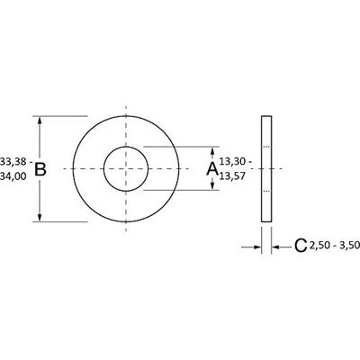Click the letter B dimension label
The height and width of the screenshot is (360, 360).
40,168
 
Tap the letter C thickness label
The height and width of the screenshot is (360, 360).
301,246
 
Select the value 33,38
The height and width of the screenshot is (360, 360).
13,160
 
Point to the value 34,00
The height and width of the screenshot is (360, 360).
13,177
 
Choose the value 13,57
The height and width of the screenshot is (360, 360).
234,177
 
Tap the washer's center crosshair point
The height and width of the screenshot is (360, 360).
126,168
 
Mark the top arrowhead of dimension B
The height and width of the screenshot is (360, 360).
40,121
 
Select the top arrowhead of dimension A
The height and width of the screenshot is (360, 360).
212,150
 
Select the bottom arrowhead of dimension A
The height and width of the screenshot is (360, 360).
212,186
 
